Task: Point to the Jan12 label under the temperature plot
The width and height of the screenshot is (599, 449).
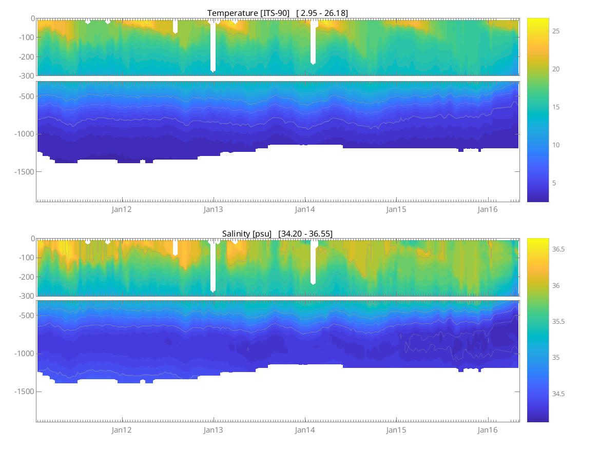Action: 122,209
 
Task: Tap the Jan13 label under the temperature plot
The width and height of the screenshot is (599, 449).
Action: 214,209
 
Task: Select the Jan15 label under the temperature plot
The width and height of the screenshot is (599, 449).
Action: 396,209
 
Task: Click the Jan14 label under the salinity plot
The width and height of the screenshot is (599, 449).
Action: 305,430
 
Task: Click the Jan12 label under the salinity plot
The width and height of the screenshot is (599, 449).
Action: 122,430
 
